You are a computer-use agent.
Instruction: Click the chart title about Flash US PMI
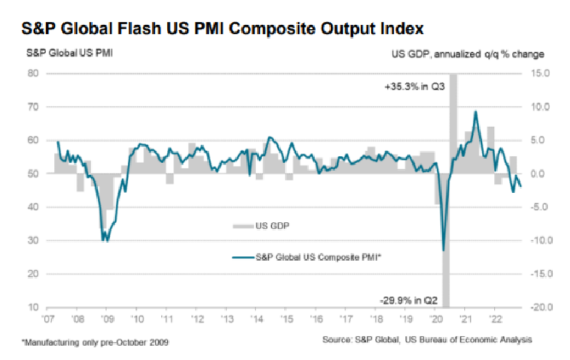point(223,28)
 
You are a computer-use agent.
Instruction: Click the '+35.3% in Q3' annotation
point(414,87)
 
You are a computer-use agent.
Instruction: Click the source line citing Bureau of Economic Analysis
point(427,340)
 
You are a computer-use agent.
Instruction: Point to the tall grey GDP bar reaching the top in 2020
point(453,120)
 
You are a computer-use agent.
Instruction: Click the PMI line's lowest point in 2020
point(443,250)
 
